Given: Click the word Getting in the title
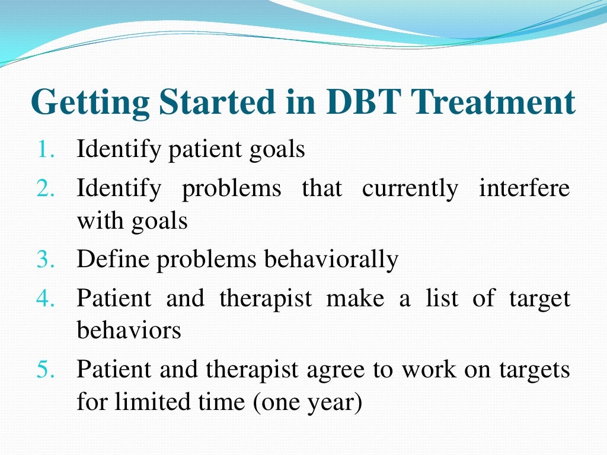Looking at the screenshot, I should coord(90,102).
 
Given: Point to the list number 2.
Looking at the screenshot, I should coord(46,189).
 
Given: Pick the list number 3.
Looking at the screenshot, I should coord(46,259).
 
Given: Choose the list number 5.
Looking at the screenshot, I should coord(46,370).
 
